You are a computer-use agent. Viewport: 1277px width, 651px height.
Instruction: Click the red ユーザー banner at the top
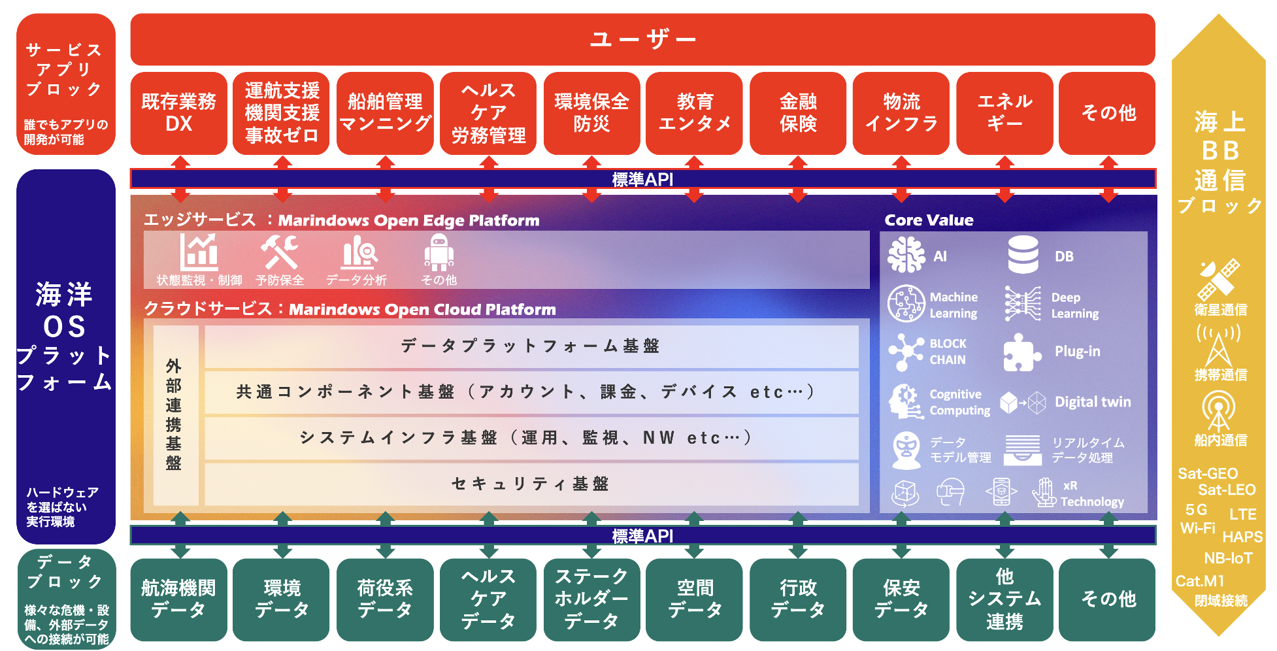click(x=642, y=39)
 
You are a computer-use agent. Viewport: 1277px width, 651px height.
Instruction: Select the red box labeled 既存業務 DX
click(x=178, y=113)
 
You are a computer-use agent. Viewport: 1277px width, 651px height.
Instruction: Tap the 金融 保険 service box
click(x=797, y=113)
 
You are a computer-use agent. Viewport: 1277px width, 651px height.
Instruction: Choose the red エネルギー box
click(x=1004, y=113)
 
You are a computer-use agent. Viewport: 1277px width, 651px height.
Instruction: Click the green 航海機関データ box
click(x=178, y=599)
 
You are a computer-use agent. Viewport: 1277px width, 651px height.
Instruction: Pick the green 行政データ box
click(x=797, y=599)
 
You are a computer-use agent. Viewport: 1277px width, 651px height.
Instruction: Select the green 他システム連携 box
click(x=1004, y=599)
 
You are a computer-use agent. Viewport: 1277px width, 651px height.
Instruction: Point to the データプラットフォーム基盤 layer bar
click(x=531, y=346)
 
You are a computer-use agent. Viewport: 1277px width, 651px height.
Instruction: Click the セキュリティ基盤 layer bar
click(x=531, y=484)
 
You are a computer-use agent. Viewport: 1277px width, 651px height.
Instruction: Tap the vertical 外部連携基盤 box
click(x=174, y=414)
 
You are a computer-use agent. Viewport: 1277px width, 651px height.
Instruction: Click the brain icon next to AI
click(x=906, y=255)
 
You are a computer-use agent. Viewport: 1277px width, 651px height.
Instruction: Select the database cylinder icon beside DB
click(x=1023, y=255)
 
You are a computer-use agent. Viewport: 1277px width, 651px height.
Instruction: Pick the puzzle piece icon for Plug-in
click(x=1021, y=352)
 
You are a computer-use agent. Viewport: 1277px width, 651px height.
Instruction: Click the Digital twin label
click(x=1093, y=402)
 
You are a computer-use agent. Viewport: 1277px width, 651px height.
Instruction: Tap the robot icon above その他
click(x=439, y=252)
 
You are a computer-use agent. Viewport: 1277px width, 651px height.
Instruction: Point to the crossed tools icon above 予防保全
click(x=279, y=252)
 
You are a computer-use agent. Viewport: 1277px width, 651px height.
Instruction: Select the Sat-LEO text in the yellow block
click(x=1227, y=490)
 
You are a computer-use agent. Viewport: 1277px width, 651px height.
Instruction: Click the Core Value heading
click(x=929, y=220)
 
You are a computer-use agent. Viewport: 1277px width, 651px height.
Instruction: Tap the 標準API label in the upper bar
click(x=642, y=179)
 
